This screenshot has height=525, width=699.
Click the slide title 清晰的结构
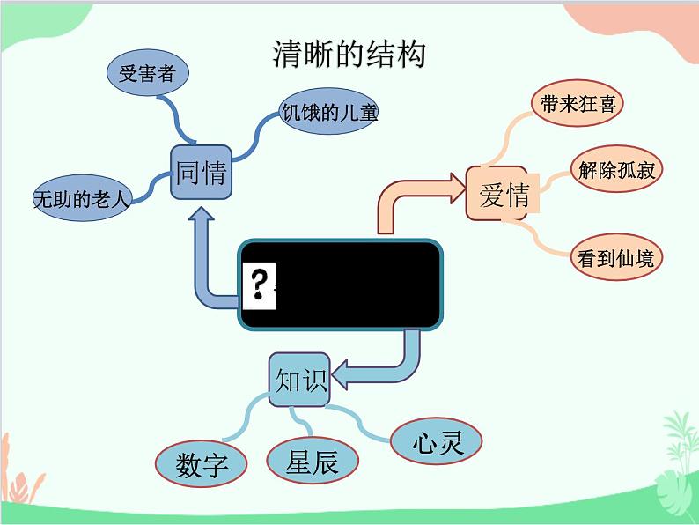349,55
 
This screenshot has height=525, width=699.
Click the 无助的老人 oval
81,199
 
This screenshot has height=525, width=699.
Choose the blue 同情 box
201,173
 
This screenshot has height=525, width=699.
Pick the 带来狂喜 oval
578,104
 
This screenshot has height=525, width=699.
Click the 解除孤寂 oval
616,170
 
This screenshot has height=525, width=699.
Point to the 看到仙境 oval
616,258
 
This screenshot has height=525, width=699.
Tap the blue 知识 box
299,381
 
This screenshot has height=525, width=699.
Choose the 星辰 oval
313,461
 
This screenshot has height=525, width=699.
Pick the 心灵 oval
437,441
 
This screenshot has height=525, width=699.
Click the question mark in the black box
259,285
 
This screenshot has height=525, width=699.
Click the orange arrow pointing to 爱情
414,198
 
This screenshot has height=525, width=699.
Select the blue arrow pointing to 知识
379,370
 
